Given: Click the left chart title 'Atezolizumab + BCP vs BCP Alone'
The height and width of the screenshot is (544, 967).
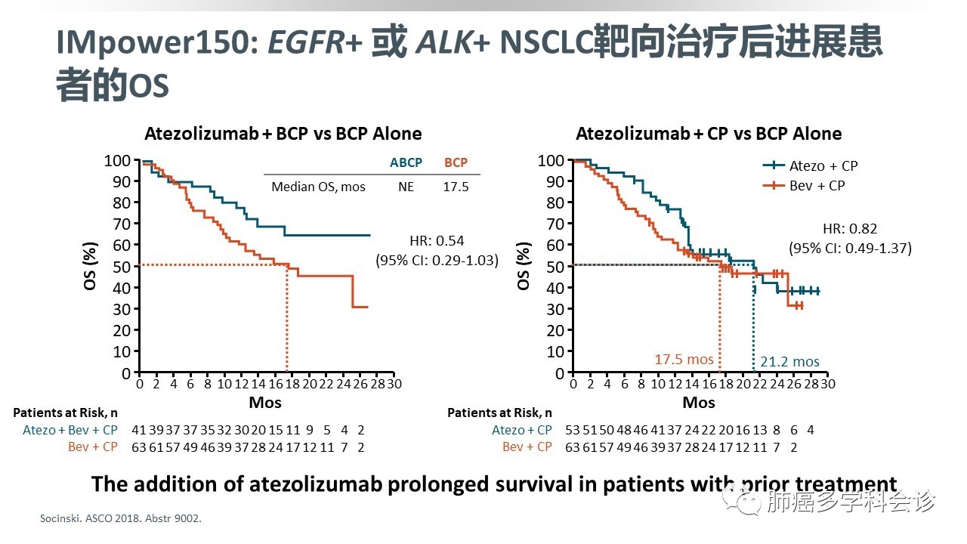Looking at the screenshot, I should tap(283, 134).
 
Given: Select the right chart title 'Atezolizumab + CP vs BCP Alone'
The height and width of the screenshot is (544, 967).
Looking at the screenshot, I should tap(709, 134).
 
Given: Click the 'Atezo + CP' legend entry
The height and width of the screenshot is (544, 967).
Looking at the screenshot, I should tap(823, 165).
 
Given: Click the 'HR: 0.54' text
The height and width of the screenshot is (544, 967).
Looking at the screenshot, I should tap(437, 241).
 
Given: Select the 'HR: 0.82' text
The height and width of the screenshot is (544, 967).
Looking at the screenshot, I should tap(850, 229).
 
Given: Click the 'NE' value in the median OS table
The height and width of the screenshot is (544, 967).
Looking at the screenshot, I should tap(406, 186).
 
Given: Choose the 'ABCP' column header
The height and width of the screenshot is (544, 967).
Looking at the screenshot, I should tap(406, 162).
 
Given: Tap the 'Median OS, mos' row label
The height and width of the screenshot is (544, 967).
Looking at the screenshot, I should tap(318, 186).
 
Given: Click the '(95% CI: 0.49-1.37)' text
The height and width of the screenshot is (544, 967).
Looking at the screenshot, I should tap(850, 248).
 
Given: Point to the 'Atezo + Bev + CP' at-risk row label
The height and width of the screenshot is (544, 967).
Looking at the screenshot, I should tap(71, 430).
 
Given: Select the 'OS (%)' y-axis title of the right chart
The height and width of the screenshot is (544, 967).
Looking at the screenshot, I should tap(524, 267).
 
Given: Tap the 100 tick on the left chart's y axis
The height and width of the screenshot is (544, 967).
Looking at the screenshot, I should tap(116, 160).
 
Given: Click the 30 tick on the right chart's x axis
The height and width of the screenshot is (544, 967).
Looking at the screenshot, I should tap(828, 384).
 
